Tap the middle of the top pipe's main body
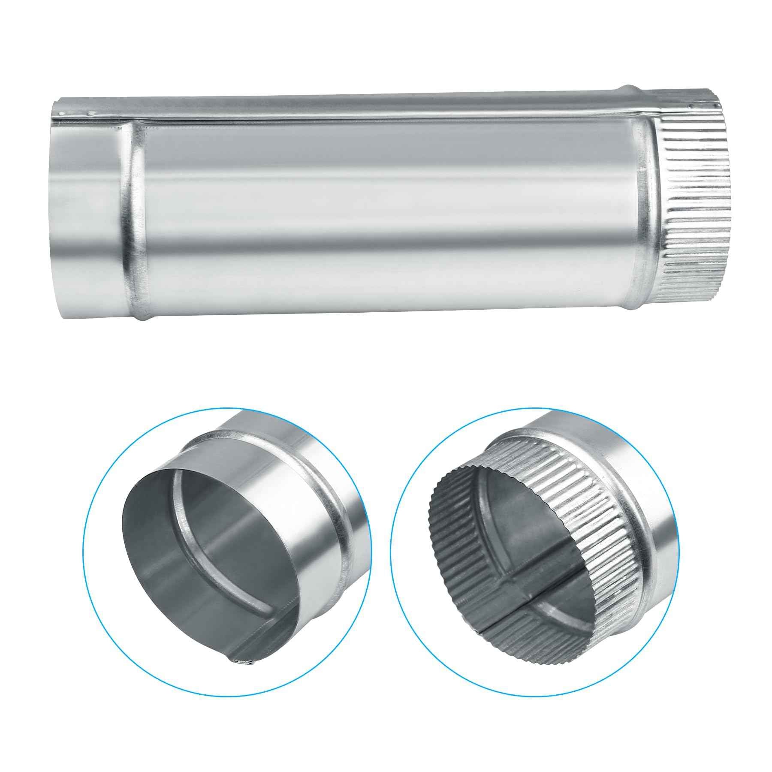pos(386,214)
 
